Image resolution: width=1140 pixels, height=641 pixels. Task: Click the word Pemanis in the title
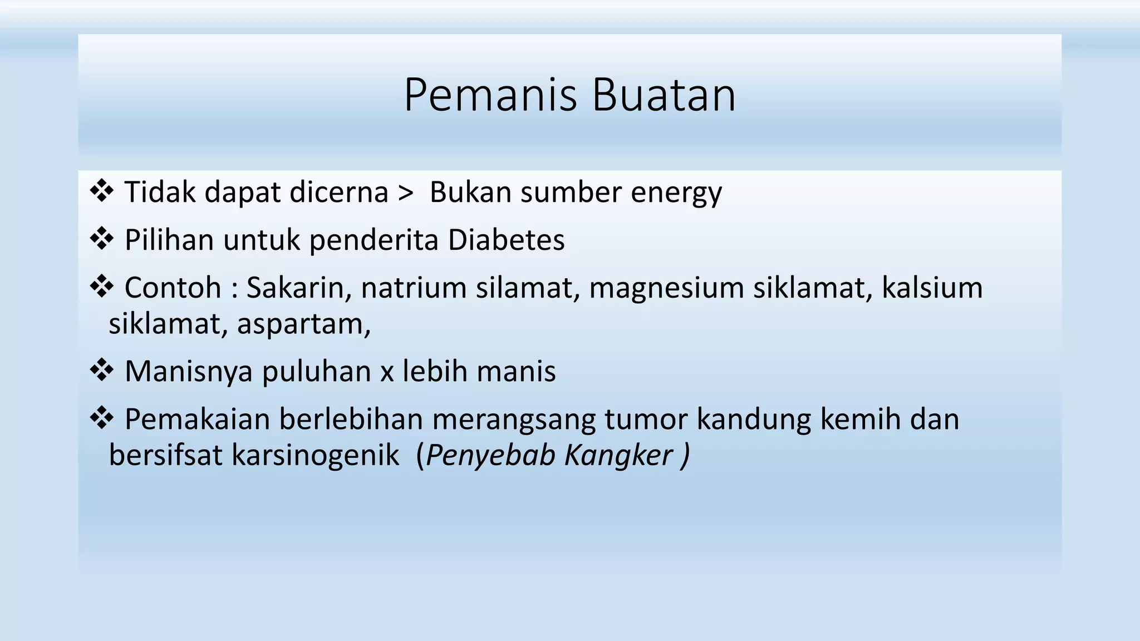pos(490,95)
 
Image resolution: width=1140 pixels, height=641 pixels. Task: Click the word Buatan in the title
pos(664,95)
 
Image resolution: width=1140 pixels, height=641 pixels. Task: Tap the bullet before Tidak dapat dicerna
pos(101,191)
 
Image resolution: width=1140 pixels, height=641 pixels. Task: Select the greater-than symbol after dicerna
pos(406,193)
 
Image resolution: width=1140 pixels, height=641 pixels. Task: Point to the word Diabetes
pos(506,240)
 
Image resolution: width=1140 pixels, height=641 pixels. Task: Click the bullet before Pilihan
pos(101,239)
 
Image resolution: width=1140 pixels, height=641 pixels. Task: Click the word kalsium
pos(932,288)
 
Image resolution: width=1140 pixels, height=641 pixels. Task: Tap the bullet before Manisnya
pos(101,371)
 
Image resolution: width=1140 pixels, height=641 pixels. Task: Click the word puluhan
pos(316,372)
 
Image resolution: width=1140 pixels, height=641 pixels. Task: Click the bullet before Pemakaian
pos(101,418)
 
